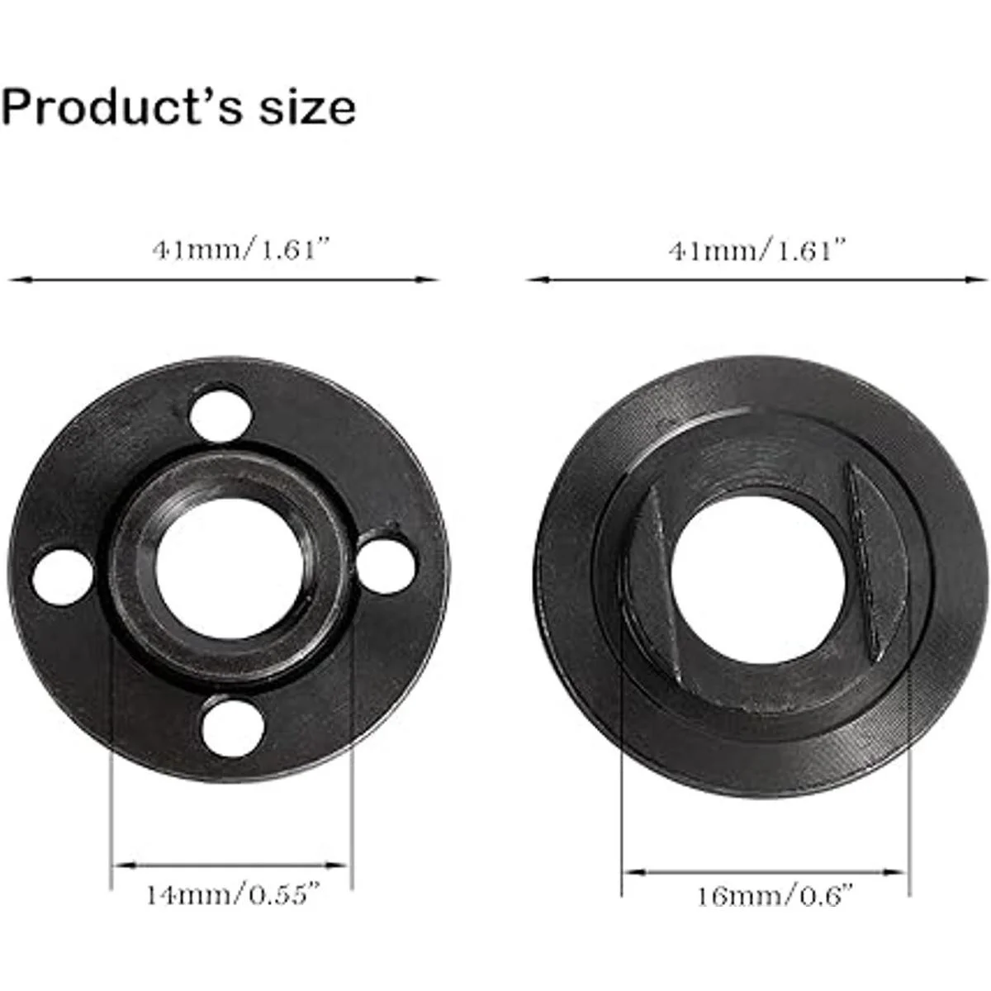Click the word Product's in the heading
click(x=121, y=107)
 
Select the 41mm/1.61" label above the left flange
click(x=240, y=251)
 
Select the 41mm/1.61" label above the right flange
click(x=756, y=251)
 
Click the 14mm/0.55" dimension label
click(x=234, y=894)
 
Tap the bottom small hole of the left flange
click(x=234, y=727)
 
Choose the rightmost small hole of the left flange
click(x=386, y=567)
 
